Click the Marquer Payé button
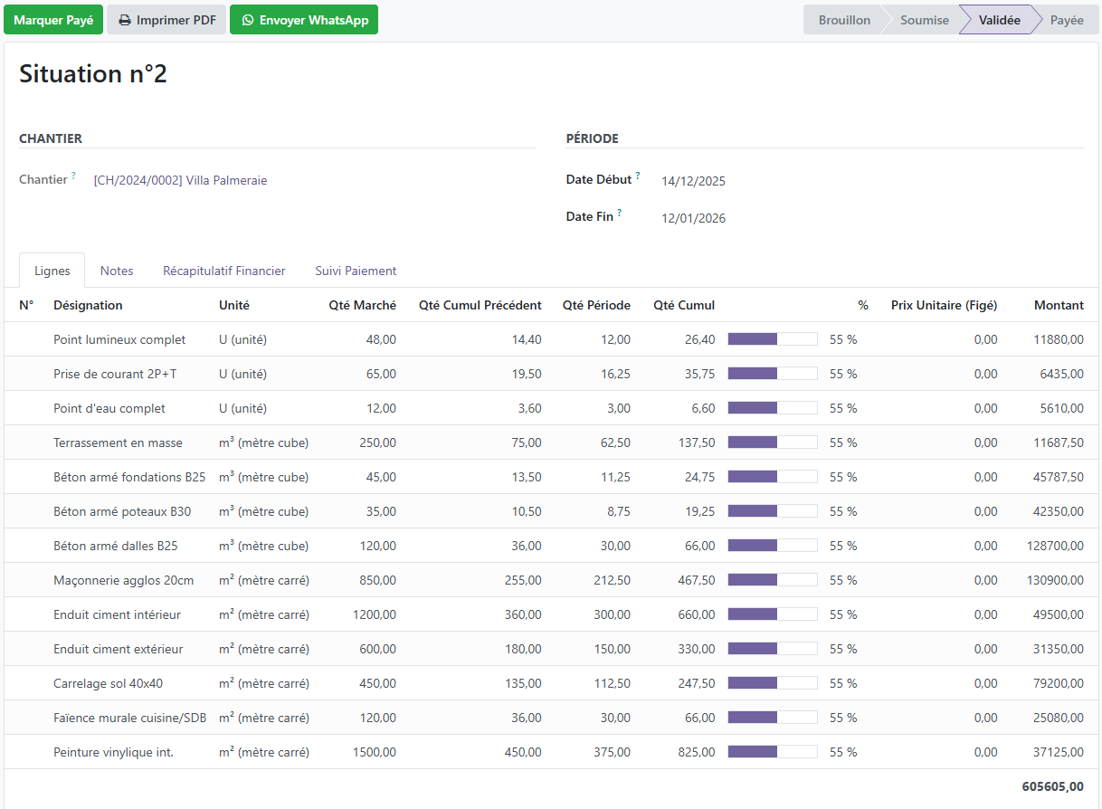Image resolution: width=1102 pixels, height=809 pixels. point(53,20)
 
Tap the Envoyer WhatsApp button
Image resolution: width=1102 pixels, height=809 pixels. point(303,20)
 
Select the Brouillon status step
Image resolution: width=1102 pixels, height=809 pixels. point(844,20)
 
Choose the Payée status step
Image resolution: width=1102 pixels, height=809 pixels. point(1067,20)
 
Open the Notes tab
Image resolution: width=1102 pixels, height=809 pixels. point(117,271)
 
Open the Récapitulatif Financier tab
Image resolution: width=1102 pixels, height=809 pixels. point(223,271)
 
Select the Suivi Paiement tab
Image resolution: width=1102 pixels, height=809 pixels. point(356,271)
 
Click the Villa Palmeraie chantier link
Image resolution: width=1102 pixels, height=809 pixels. point(181,180)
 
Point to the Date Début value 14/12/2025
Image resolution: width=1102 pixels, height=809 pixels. point(693,181)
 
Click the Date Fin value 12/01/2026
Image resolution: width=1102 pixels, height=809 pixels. point(693,218)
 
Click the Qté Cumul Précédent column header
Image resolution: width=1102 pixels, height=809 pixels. point(480,305)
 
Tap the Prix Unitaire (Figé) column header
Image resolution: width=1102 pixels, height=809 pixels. point(944,305)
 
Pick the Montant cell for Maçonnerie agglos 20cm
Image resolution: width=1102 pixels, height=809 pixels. point(1055,580)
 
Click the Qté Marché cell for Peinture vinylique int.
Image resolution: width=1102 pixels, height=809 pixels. point(375,752)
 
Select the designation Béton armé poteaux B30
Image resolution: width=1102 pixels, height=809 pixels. point(122,511)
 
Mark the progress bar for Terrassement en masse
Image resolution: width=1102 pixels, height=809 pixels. point(773,443)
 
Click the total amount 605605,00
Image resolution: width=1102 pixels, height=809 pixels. point(1052,786)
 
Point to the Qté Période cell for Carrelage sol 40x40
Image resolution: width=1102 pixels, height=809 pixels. point(612,683)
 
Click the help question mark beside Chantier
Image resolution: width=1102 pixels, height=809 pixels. point(73,175)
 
